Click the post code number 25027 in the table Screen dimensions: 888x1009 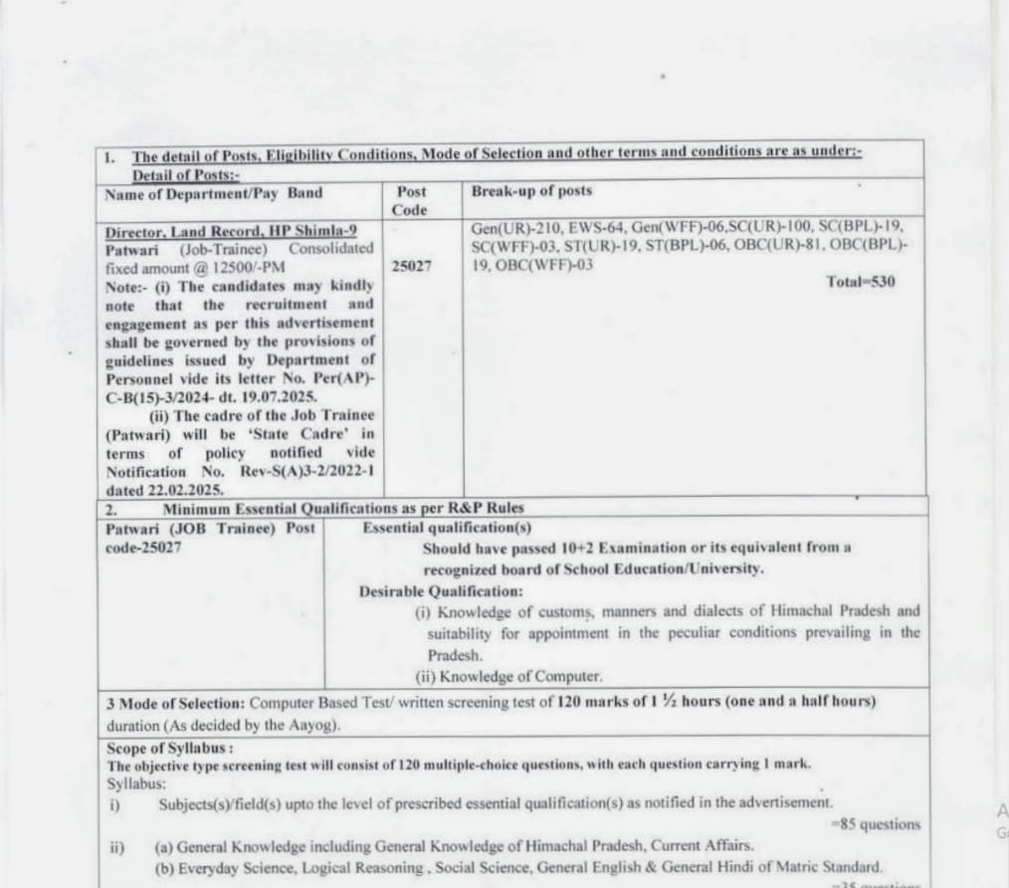pos(411,267)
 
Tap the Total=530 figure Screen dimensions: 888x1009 pos(861,282)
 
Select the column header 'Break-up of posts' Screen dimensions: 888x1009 pos(531,191)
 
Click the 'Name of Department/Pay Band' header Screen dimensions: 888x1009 pos(214,192)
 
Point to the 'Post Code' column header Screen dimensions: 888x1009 pos(410,200)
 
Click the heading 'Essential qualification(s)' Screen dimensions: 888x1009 pos(447,528)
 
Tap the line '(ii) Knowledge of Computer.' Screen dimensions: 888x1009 pos(508,677)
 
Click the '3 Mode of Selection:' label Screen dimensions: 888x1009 pos(176,702)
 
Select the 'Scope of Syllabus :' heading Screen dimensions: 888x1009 pos(170,748)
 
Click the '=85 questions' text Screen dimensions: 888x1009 pos(875,824)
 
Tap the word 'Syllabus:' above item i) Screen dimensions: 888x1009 pos(137,782)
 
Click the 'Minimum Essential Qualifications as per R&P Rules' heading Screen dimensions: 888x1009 pos(343,508)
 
